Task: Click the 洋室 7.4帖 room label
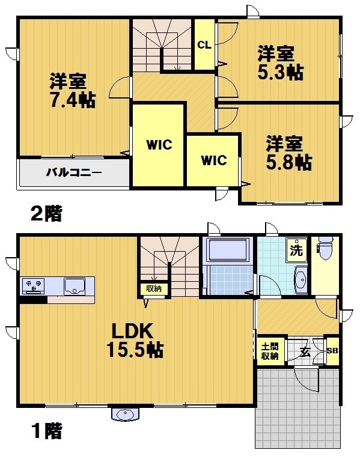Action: (x=72, y=90)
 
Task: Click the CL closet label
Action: (x=204, y=45)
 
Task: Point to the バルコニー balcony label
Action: (x=74, y=173)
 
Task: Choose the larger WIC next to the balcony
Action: (x=159, y=145)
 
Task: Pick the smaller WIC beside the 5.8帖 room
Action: (x=213, y=160)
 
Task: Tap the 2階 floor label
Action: (x=46, y=213)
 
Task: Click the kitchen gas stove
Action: (x=34, y=285)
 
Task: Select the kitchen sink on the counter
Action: (x=76, y=285)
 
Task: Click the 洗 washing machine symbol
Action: (x=296, y=248)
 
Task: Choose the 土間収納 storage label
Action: (x=269, y=351)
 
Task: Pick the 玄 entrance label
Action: (x=305, y=352)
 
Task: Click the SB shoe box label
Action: (x=332, y=351)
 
